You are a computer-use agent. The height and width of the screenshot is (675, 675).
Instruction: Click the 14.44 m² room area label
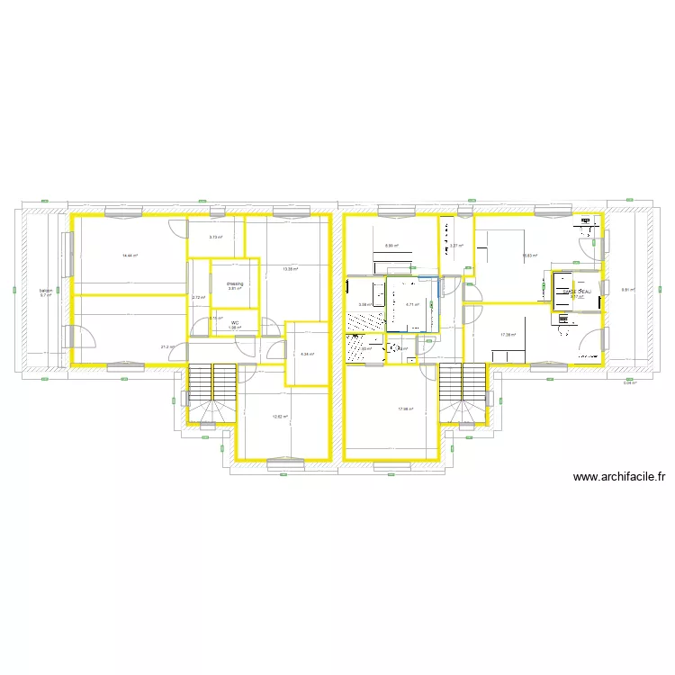(x=130, y=256)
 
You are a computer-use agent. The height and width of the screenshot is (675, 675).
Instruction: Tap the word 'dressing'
(x=234, y=283)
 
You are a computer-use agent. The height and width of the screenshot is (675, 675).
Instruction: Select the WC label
(x=235, y=323)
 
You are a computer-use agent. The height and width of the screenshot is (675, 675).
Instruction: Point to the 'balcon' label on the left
(x=45, y=292)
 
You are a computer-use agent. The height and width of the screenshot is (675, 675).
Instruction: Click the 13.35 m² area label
(x=289, y=268)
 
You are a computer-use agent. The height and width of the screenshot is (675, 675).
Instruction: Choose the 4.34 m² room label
(x=306, y=354)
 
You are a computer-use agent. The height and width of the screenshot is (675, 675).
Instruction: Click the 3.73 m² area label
(x=215, y=238)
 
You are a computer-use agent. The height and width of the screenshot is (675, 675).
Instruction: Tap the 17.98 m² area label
(x=405, y=409)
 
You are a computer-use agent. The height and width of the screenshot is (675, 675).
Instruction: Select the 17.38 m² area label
(x=508, y=335)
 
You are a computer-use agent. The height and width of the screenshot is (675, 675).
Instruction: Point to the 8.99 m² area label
(x=391, y=246)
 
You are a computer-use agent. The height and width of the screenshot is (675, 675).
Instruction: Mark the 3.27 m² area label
(x=456, y=246)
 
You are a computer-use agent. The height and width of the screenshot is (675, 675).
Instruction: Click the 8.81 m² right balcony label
(x=628, y=290)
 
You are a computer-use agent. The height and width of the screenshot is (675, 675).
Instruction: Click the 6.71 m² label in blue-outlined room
(x=413, y=304)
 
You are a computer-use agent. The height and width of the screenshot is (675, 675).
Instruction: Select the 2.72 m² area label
(x=198, y=297)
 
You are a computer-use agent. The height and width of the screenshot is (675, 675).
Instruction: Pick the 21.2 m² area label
(x=167, y=346)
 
